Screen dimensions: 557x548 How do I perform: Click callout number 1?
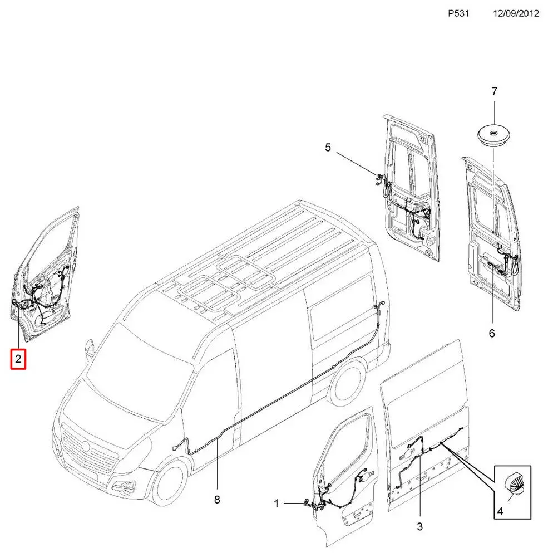pos(277,504)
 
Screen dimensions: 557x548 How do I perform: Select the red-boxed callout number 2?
pos(18,359)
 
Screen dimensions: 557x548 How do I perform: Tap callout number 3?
pos(420,526)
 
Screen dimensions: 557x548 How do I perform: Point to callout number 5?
pos(328,148)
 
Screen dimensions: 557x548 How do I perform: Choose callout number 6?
pos(492,333)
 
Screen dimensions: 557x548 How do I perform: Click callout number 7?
pos(494,91)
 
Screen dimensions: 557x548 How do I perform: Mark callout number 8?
pos(217,500)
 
